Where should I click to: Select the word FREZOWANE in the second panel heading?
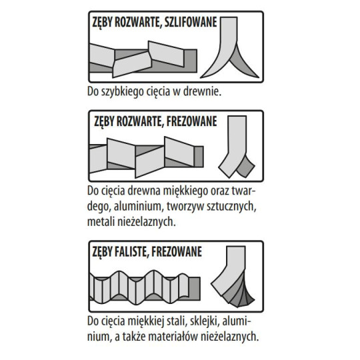[191, 121]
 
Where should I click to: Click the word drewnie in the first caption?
[202, 91]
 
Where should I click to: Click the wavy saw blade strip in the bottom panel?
[145, 287]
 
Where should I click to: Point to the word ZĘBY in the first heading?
[102, 23]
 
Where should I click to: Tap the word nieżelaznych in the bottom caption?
[230, 337]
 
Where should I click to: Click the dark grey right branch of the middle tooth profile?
[245, 167]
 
